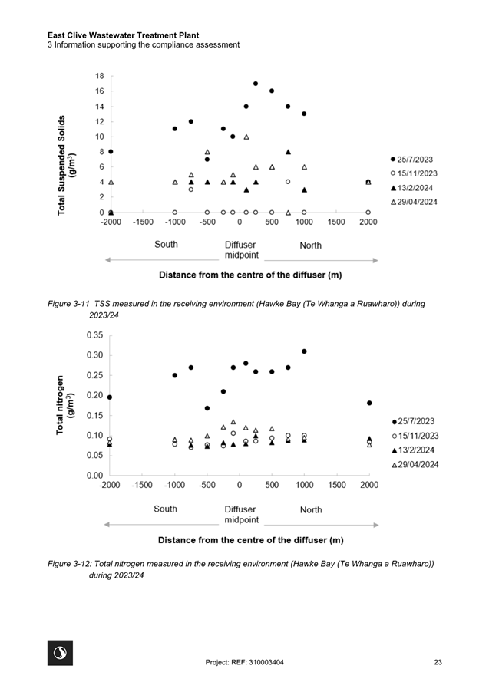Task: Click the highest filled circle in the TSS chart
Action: (256, 84)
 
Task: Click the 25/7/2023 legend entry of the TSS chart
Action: (411, 160)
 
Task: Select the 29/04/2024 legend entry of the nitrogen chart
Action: (415, 465)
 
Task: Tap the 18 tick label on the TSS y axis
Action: (99, 76)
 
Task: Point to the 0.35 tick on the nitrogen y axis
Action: (94, 335)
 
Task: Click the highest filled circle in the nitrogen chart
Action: (304, 351)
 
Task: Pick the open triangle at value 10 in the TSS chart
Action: (246, 137)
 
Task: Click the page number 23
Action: (438, 662)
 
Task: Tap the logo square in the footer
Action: (60, 653)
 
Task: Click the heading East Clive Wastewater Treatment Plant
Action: (124, 35)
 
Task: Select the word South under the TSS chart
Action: (166, 245)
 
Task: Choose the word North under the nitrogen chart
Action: (311, 509)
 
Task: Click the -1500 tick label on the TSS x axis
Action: (143, 222)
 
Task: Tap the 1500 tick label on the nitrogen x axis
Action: (336, 485)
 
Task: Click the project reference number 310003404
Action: (266, 662)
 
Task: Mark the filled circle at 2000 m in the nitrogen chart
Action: (369, 403)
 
